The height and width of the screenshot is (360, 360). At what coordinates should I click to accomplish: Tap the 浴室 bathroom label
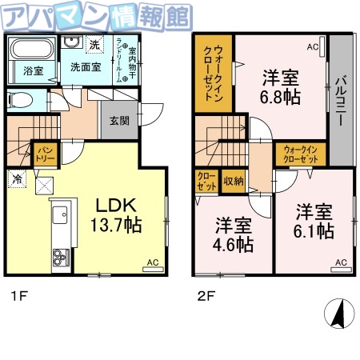33,70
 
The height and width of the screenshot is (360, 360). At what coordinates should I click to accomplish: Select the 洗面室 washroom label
83,68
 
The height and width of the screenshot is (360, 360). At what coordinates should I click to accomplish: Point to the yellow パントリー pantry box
44,151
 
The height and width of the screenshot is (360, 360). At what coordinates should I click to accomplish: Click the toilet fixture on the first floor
22,101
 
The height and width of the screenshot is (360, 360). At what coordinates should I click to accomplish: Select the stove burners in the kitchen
60,258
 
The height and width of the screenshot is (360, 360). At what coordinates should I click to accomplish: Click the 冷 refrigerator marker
17,179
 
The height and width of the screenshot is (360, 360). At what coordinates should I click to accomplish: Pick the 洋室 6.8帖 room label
280,87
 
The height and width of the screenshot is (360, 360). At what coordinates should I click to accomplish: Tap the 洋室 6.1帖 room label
314,222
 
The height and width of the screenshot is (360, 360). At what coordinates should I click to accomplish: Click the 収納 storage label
234,181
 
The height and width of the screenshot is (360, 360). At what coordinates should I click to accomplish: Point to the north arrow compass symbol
340,314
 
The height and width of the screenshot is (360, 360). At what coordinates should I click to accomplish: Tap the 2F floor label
206,297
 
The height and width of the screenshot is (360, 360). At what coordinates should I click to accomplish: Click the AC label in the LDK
151,262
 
